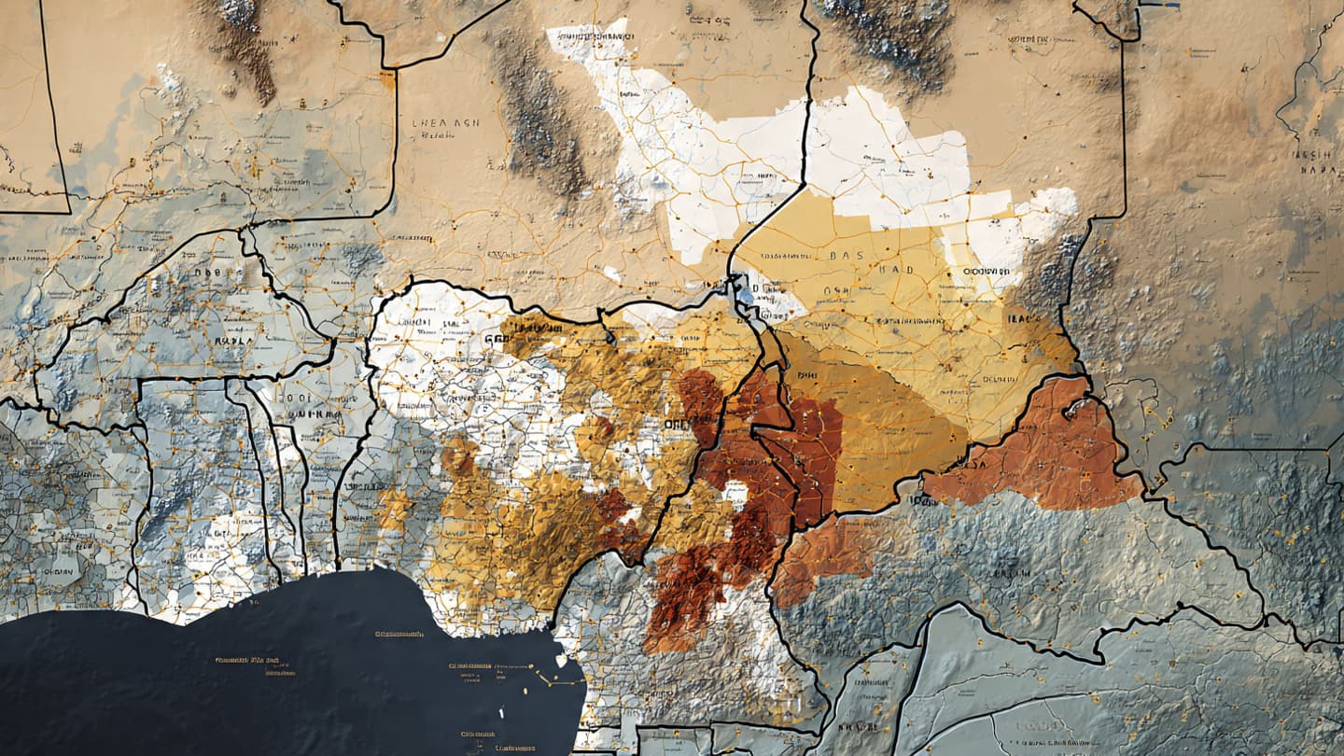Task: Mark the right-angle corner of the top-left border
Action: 68,212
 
